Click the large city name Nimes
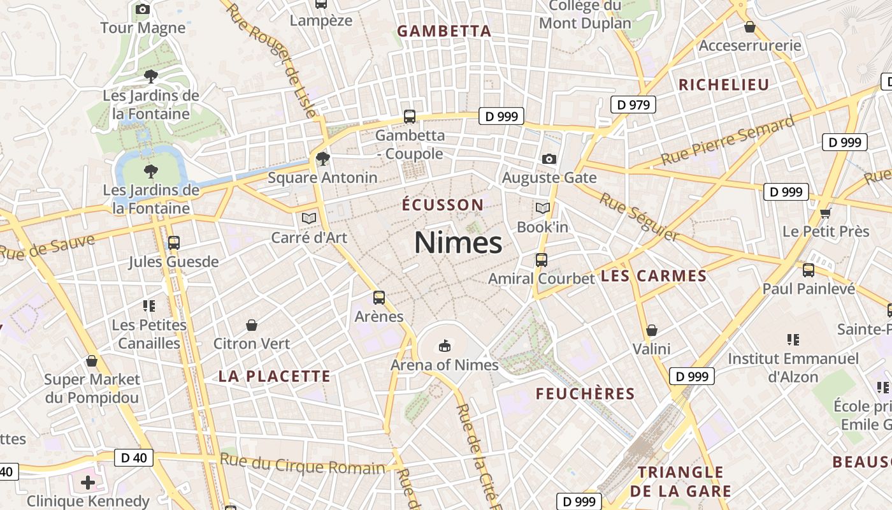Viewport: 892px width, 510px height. click(458, 243)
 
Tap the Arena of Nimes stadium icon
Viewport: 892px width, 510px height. click(444, 346)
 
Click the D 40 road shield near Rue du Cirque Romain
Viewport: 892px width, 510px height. click(134, 457)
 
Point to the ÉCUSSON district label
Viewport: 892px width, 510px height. click(443, 205)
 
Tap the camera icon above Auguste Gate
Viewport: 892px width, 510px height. click(549, 159)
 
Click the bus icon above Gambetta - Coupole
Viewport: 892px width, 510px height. click(410, 117)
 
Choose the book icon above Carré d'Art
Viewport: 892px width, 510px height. click(309, 219)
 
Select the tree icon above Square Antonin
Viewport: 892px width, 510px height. click(323, 158)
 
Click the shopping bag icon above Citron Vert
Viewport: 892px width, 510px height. click(252, 325)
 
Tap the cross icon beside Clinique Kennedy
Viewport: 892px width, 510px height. click(88, 483)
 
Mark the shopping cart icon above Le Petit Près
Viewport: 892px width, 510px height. click(826, 213)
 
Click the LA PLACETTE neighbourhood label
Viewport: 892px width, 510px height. click(275, 376)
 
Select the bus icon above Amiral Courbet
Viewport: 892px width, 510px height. click(542, 259)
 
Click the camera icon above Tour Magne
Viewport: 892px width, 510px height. click(143, 9)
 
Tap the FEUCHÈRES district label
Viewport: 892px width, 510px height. click(585, 394)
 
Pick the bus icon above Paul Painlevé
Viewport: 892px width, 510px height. click(809, 270)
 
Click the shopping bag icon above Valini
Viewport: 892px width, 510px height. click(652, 330)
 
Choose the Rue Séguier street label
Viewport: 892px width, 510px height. click(639, 217)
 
